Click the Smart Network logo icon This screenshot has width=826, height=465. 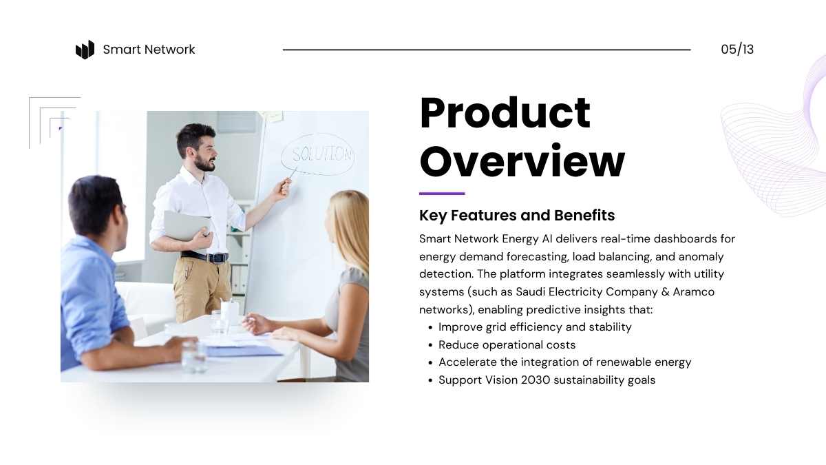click(85, 50)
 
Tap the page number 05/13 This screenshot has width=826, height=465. click(737, 50)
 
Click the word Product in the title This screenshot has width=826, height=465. click(505, 112)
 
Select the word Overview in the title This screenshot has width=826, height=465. click(522, 161)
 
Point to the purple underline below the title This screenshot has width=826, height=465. click(442, 194)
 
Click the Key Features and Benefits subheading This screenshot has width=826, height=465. click(517, 215)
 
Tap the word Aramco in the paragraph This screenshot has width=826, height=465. click(694, 291)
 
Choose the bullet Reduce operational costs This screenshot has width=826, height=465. click(507, 344)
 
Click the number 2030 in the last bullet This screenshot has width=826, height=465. click(535, 380)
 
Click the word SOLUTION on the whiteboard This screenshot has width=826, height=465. click(321, 154)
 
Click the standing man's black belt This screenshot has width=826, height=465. click(204, 256)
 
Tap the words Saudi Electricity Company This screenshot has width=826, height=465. click(586, 291)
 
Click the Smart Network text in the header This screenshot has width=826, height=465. click(149, 50)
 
